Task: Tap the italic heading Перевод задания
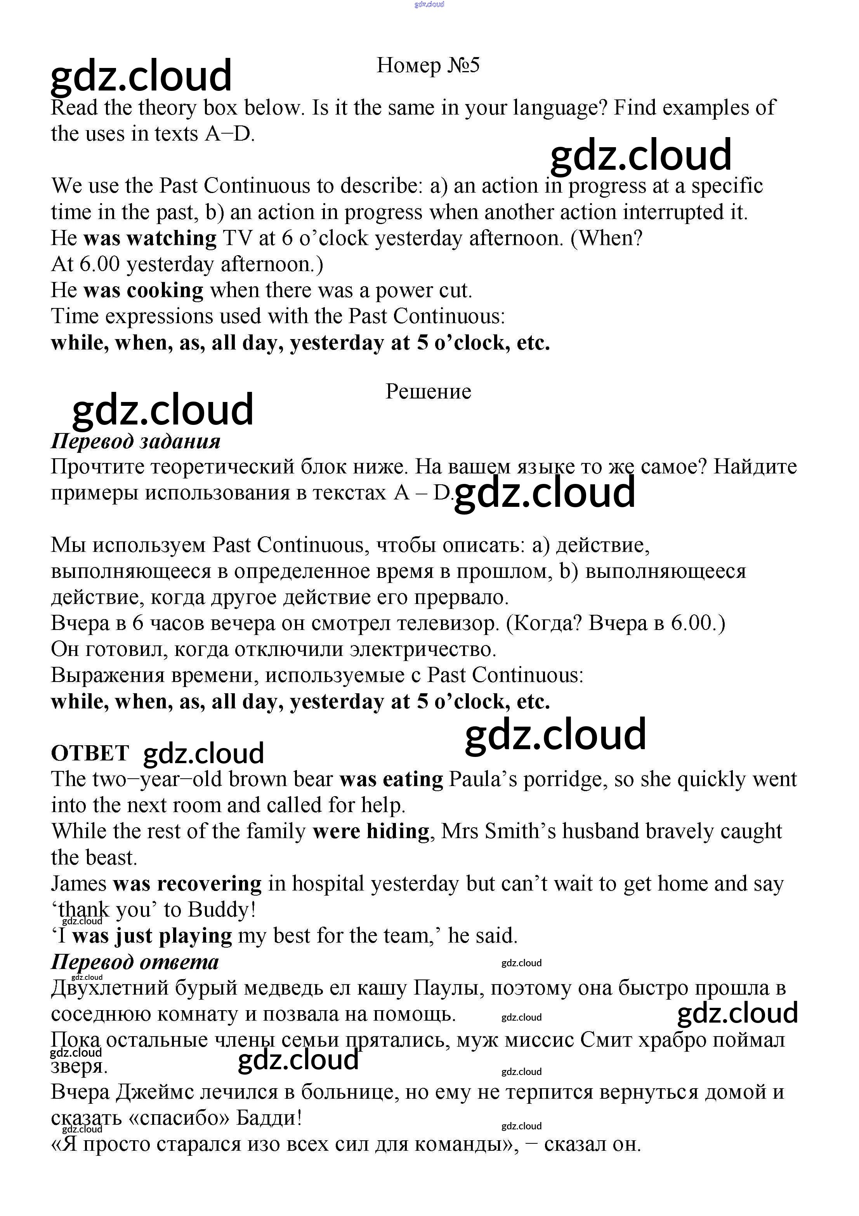coord(135,441)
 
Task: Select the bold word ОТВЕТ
coord(90,753)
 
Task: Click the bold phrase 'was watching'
coord(150,238)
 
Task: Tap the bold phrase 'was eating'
coord(391,779)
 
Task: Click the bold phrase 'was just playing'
coord(152,936)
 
